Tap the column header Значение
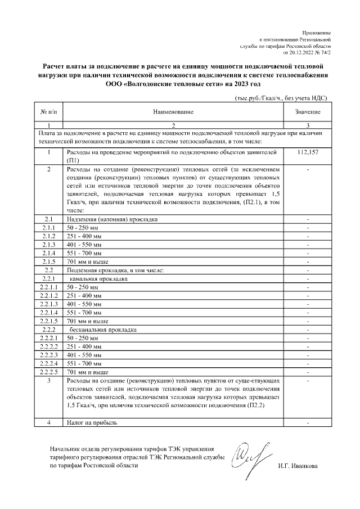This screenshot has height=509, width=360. click(x=308, y=112)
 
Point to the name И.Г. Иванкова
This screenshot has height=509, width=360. click(x=298, y=466)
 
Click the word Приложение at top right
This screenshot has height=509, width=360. click(x=318, y=34)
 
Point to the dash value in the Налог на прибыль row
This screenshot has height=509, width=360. click(x=308, y=422)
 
